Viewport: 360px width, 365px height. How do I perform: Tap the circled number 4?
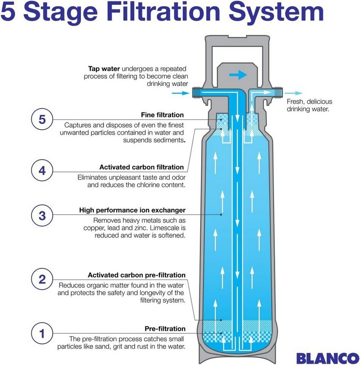tap(42, 171)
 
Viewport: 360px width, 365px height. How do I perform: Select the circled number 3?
tap(42, 216)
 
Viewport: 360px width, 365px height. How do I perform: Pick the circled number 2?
tap(42, 279)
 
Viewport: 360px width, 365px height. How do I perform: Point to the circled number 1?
tap(42, 333)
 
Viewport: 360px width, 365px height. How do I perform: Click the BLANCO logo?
tap(327, 358)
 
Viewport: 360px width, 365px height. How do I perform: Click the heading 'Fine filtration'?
tap(162, 115)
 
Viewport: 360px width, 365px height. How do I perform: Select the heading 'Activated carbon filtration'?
tap(142, 167)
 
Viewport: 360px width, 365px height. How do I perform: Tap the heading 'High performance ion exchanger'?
tap(132, 210)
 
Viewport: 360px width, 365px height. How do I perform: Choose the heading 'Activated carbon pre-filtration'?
tap(137, 275)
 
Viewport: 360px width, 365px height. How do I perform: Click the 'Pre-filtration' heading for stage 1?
tap(165, 328)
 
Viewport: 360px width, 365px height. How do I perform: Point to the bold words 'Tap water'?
tap(104, 69)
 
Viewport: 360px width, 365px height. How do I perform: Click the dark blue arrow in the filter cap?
tap(239, 75)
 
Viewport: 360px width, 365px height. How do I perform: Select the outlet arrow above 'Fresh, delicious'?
tap(294, 93)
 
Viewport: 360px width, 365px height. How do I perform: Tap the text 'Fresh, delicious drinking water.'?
tap(309, 105)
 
